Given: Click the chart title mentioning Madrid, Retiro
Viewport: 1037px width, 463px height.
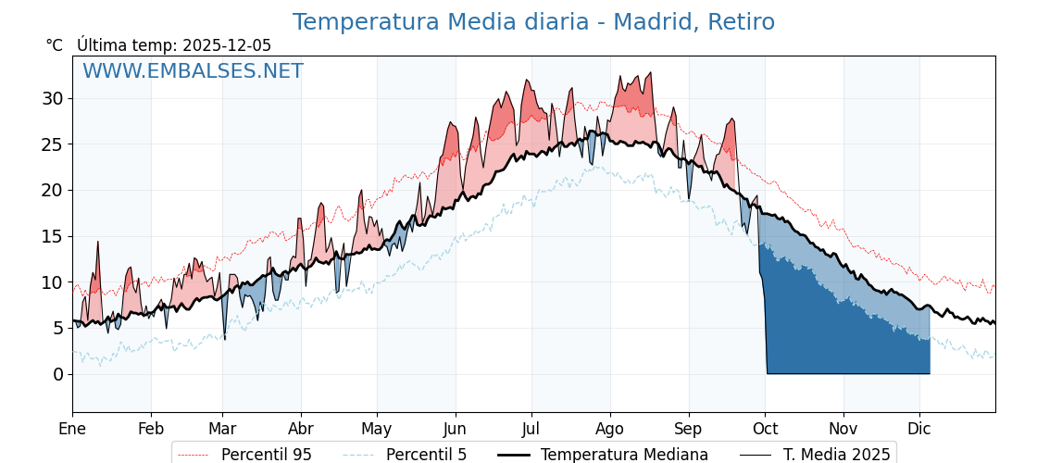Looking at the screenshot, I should tap(533, 22).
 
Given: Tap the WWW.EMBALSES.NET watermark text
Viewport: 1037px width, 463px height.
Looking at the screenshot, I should tap(193, 71).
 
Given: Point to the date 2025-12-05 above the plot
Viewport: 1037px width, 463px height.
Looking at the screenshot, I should tap(227, 45).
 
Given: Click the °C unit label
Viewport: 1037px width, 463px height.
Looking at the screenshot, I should tap(55, 45).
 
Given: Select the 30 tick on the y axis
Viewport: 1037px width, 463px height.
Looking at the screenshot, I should tap(54, 98).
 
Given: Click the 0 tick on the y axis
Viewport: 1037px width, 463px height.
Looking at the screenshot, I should tap(58, 374).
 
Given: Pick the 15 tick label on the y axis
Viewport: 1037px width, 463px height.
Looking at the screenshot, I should tap(54, 236).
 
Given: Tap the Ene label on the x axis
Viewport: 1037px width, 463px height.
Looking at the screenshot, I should tap(72, 429).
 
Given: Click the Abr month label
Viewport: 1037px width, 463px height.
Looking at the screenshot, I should tap(301, 429).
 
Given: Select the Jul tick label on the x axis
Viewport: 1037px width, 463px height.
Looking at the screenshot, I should tap(531, 429).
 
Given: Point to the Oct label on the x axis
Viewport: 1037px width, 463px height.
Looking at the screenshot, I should tap(765, 429).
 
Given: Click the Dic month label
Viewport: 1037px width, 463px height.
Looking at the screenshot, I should tap(919, 429).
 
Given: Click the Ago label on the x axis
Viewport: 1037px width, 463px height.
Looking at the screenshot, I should tap(610, 429).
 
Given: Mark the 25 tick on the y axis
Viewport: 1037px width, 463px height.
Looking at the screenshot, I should tap(54, 144).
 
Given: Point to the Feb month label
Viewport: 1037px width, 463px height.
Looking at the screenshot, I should tap(151, 429).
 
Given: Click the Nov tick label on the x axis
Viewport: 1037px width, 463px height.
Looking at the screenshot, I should tap(843, 429).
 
